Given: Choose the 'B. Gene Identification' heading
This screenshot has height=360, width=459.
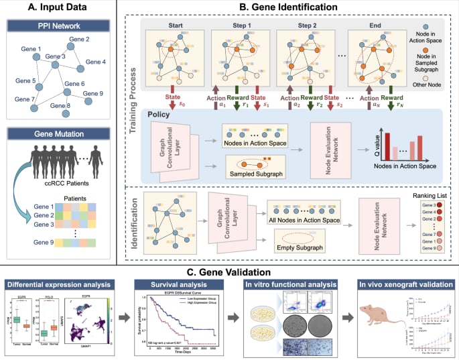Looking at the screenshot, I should [x=283, y=9].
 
